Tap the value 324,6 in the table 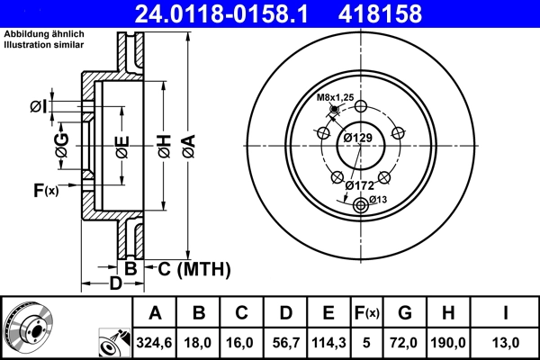tap(154, 342)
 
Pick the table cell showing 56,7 tap(284, 342)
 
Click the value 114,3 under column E tap(328, 342)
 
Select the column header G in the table tap(404, 313)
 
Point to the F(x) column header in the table tap(367, 313)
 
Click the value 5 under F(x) tap(367, 342)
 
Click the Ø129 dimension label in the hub tap(358, 138)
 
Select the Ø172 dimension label tap(360, 185)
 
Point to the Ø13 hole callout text tap(377, 199)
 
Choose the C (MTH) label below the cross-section tap(195, 268)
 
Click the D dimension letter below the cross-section tap(115, 284)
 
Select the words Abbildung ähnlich tap(43, 35)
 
